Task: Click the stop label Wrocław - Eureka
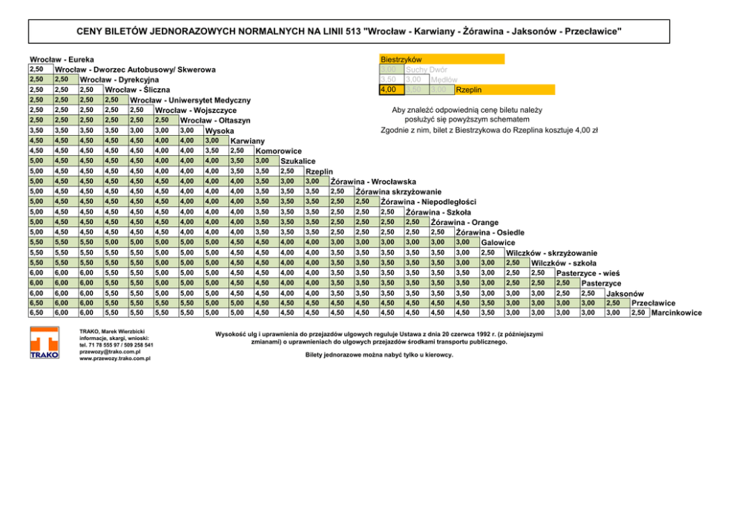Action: pyautogui.click(x=62, y=59)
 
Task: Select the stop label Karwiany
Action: pyautogui.click(x=248, y=141)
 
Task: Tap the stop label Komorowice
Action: pyautogui.click(x=278, y=151)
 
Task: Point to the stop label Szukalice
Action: pyautogui.click(x=299, y=162)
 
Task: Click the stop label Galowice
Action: pyautogui.click(x=498, y=243)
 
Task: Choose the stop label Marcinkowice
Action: pyautogui.click(x=676, y=313)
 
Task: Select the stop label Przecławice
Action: pyautogui.click(x=653, y=303)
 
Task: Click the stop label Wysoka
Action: pyautogui.click(x=220, y=131)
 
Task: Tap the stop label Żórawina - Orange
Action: pyautogui.click(x=464, y=223)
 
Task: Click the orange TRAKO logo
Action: pyautogui.click(x=44, y=344)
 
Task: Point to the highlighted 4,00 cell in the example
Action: pyautogui.click(x=391, y=90)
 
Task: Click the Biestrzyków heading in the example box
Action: pyautogui.click(x=401, y=59)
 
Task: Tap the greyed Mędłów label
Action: pyautogui.click(x=444, y=79)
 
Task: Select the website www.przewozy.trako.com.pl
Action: pyautogui.click(x=115, y=358)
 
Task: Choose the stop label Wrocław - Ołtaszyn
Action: pyautogui.click(x=215, y=121)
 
